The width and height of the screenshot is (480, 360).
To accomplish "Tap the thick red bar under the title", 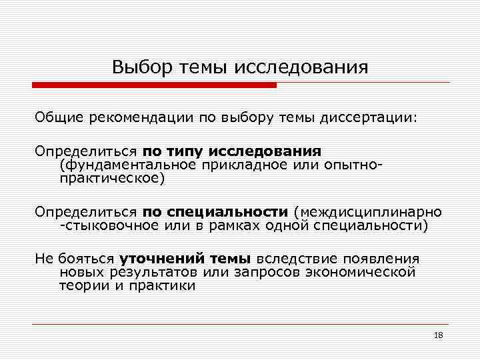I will [154, 85].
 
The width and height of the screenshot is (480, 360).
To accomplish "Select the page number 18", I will [438, 335].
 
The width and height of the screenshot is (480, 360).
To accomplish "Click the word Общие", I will [59, 117].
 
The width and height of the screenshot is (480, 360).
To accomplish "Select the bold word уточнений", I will [154, 259].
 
